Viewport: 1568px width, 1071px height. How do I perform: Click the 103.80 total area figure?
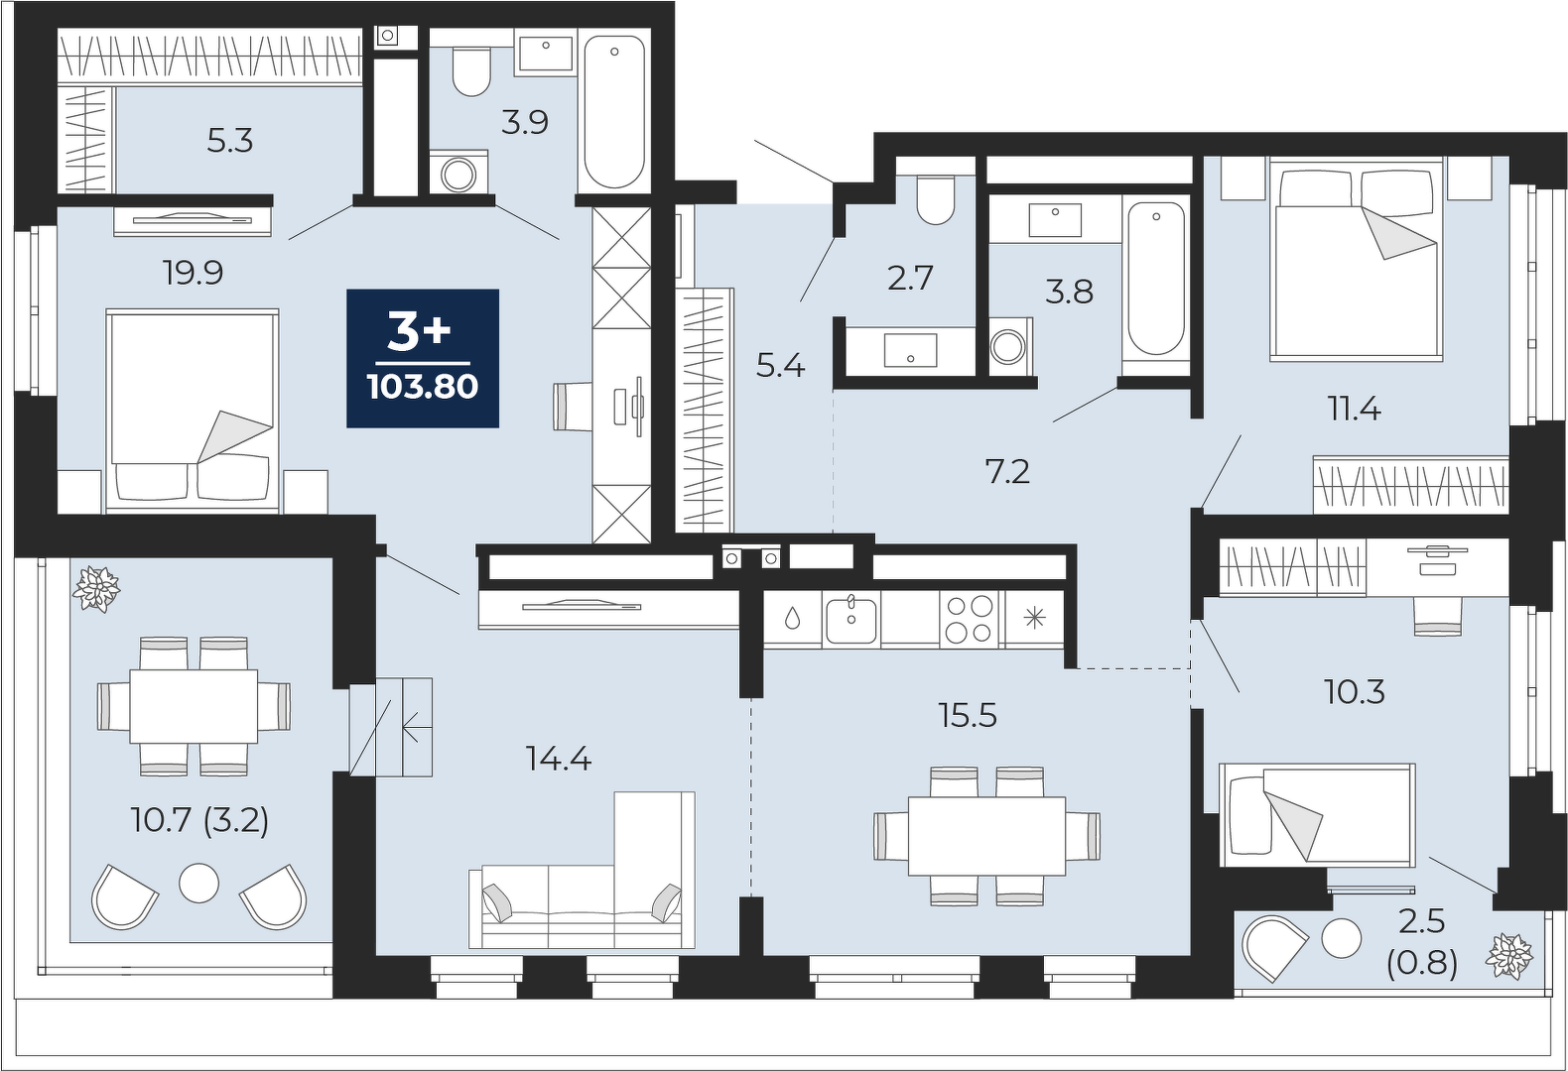coord(424,386)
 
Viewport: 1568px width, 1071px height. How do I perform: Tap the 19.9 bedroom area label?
coord(194,273)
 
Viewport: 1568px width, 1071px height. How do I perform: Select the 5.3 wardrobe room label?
coord(229,141)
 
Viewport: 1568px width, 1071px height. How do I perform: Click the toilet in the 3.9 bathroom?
coord(471,70)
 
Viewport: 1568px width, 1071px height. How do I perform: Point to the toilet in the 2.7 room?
coord(935,199)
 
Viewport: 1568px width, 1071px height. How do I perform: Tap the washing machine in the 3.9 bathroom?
coord(458,173)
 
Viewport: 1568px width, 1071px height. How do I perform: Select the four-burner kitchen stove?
coord(970,619)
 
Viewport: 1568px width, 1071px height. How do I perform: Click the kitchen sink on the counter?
coord(850,619)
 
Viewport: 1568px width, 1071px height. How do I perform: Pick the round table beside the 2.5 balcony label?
coord(1342,937)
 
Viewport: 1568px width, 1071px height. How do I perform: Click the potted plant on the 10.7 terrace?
coord(96,589)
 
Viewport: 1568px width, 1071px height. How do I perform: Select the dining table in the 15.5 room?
coord(987,835)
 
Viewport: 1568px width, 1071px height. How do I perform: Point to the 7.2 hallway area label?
coord(1007,473)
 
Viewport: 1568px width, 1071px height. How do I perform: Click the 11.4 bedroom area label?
coord(1355,410)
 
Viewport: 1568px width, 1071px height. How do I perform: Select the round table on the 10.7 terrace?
coord(198,884)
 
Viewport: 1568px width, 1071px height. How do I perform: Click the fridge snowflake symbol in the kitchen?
coord(1035,619)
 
